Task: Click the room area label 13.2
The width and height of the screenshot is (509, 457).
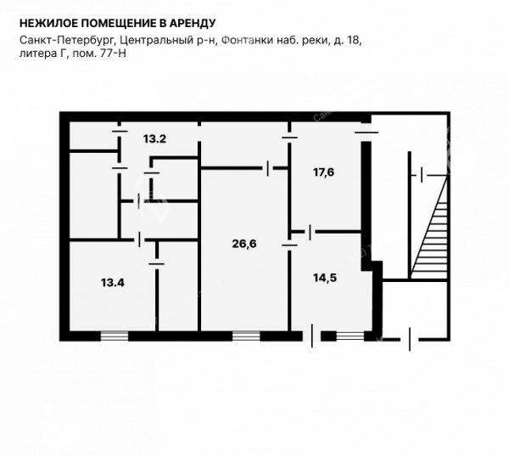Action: click(155, 139)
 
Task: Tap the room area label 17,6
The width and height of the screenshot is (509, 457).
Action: click(324, 172)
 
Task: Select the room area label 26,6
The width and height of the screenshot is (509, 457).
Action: click(244, 244)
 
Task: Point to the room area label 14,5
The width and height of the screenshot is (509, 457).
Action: click(325, 278)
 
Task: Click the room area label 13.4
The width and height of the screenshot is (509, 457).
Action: click(113, 283)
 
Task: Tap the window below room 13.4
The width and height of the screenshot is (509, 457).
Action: click(115, 336)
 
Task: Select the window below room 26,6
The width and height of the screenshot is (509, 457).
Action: click(246, 336)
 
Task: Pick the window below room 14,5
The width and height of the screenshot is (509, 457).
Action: click(350, 336)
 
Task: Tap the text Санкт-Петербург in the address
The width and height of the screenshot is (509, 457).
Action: click(66, 41)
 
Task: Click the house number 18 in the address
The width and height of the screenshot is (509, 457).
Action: click(354, 41)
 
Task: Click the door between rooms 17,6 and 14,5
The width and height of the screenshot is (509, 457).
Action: click(310, 232)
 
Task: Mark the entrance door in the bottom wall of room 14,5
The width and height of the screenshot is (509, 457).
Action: click(312, 336)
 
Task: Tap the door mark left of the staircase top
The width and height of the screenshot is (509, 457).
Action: click(422, 175)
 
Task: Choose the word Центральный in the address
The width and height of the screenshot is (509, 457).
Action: click(153, 41)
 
